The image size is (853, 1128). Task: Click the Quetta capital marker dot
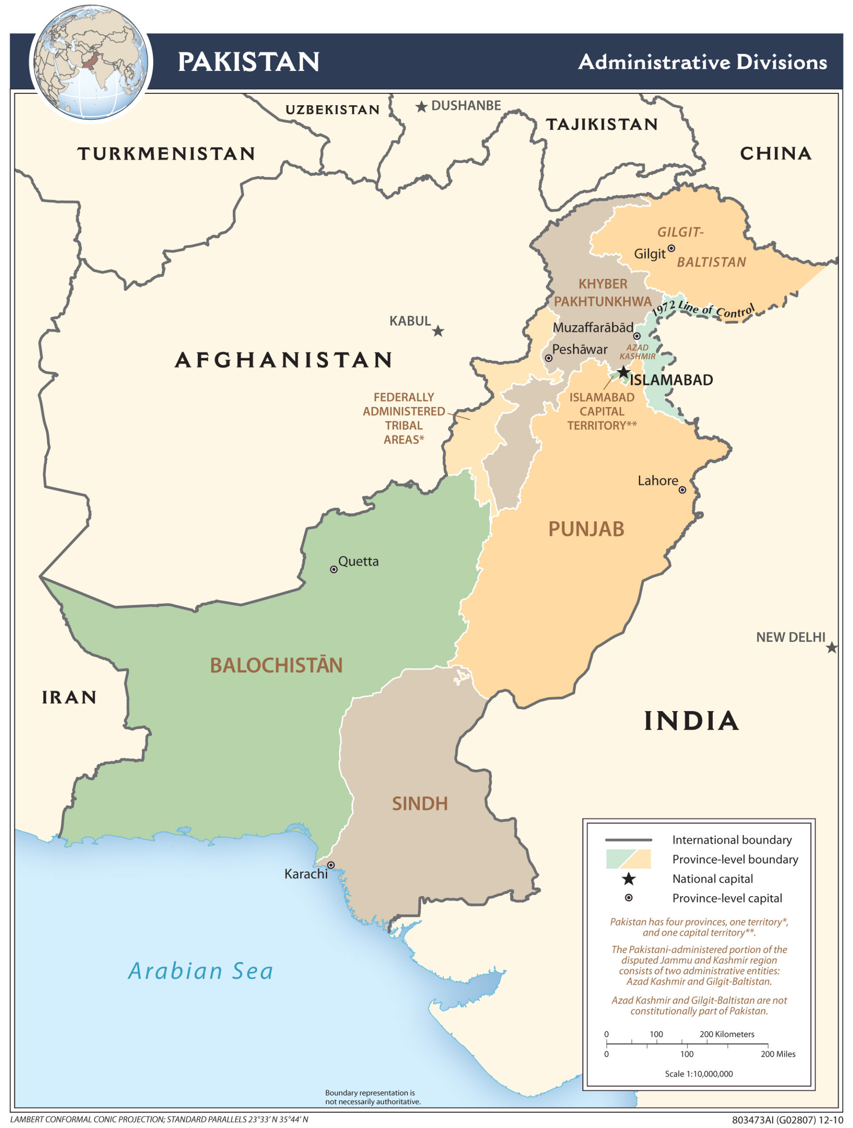pyautogui.click(x=334, y=569)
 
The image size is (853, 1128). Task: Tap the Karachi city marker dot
pyautogui.click(x=331, y=865)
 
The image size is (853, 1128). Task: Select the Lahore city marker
pyautogui.click(x=682, y=490)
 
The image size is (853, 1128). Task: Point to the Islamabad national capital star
pyautogui.click(x=623, y=372)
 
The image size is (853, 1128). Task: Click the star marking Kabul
pyautogui.click(x=438, y=331)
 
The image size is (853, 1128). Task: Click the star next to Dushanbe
pyautogui.click(x=421, y=107)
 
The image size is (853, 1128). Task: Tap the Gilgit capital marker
pyautogui.click(x=671, y=249)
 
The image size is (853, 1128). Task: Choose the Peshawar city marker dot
pyautogui.click(x=548, y=358)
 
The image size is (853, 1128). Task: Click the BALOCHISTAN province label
pyautogui.click(x=276, y=665)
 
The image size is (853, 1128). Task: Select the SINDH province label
pyautogui.click(x=419, y=804)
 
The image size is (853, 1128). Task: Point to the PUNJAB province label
pyautogui.click(x=586, y=529)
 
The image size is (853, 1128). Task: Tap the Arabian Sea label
pyautogui.click(x=201, y=971)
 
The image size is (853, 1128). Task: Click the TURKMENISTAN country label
pyautogui.click(x=166, y=153)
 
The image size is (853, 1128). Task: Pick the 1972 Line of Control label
pyautogui.click(x=703, y=309)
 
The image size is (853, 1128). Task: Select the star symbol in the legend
pyautogui.click(x=629, y=879)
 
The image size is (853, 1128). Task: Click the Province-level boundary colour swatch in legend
pyautogui.click(x=628, y=859)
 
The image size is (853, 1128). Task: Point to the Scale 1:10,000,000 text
pyautogui.click(x=698, y=1073)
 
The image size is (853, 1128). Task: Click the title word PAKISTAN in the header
pyautogui.click(x=249, y=62)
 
